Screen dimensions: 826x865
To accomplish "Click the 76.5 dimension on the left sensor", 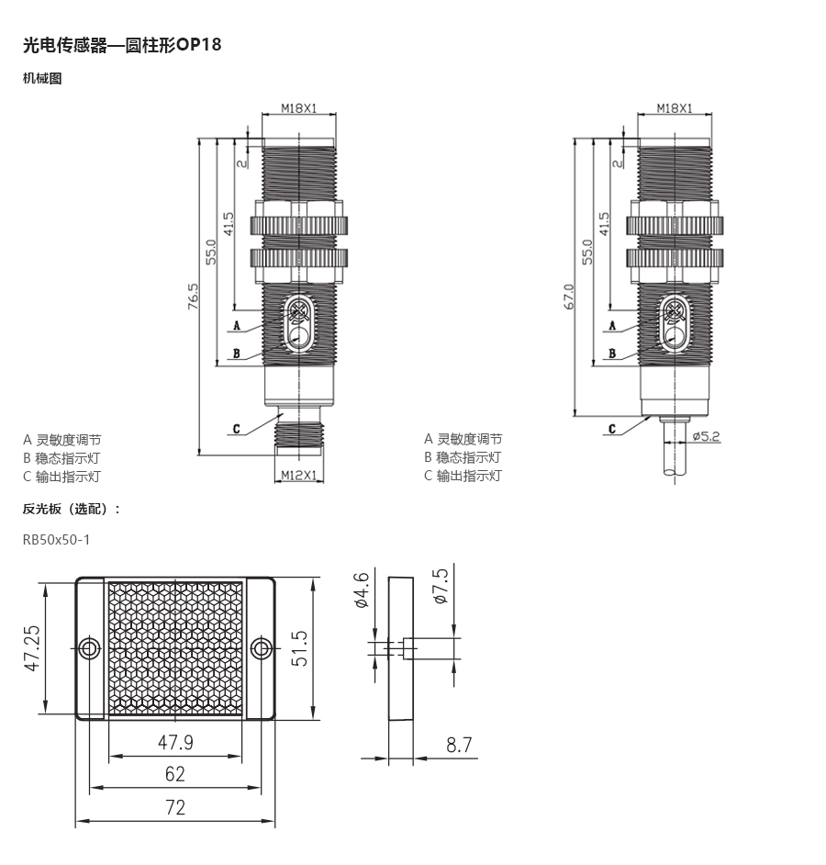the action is coord(193,297).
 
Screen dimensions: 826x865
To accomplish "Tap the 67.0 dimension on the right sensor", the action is coord(570,297).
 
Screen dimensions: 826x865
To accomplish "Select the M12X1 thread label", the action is coord(299,475).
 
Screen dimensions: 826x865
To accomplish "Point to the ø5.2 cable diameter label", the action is coord(707,436).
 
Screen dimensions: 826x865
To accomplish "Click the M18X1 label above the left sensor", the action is coord(299,108).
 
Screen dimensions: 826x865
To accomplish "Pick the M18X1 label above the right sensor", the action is coord(675,108).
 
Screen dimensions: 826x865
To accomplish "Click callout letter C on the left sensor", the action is coord(237,429).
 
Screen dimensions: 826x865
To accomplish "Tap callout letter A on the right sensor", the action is coord(612,325).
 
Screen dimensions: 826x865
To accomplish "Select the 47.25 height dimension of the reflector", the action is coord(32,648).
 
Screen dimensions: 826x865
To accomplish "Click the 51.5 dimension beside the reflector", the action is coord(299,648).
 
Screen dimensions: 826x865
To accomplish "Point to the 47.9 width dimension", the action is coord(175,742).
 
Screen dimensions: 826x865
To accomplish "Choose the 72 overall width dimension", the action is coord(175,807).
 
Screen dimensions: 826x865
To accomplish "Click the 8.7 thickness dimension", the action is coord(459,745).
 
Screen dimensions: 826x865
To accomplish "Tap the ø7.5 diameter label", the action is coord(441,587).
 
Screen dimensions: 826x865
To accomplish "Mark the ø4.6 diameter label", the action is coord(362,590).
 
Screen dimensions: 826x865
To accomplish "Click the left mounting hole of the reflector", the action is coord(89,648).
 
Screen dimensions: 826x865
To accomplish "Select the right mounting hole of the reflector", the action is coord(261,648).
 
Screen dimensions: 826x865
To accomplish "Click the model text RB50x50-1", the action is coord(56,540).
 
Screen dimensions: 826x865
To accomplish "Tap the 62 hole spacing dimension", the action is coord(174,774).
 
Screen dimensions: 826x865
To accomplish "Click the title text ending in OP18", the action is coord(122,44).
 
